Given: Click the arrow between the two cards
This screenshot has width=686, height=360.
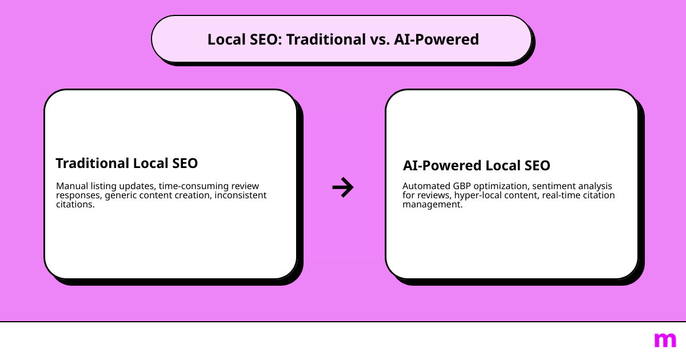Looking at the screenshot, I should pyautogui.click(x=343, y=187).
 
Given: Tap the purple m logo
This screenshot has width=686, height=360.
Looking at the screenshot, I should pyautogui.click(x=665, y=340).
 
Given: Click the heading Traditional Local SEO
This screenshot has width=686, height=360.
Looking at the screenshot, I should pyautogui.click(x=127, y=163).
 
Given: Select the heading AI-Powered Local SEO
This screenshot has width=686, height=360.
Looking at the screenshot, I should pyautogui.click(x=476, y=166).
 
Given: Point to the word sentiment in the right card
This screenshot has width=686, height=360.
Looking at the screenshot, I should pyautogui.click(x=552, y=186).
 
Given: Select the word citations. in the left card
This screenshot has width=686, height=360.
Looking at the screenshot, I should pyautogui.click(x=75, y=205).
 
